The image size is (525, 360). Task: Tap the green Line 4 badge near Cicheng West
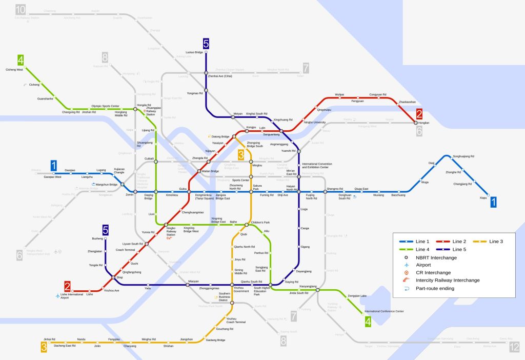[x=21, y=59]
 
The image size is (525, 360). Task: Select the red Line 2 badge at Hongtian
[x=419, y=114]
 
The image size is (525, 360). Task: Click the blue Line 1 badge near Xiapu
[x=493, y=203]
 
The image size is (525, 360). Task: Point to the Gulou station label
[x=183, y=189]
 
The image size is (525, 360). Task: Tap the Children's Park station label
[x=260, y=222]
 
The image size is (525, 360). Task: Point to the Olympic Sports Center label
[x=105, y=106]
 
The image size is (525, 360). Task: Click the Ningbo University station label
[x=315, y=123]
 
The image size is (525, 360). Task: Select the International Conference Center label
[x=384, y=311]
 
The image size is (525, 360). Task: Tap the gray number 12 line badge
[x=514, y=348]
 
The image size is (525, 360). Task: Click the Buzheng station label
[x=97, y=239]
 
